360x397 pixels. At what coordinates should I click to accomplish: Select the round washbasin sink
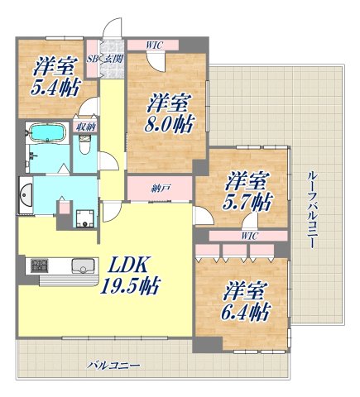[x=26, y=195]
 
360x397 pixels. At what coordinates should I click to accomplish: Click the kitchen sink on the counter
[x=81, y=266]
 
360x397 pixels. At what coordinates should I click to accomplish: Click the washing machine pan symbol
[x=84, y=219]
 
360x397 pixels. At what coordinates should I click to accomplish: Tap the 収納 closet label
[x=83, y=127]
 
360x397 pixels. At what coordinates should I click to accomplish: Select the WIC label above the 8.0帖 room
[x=154, y=45]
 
